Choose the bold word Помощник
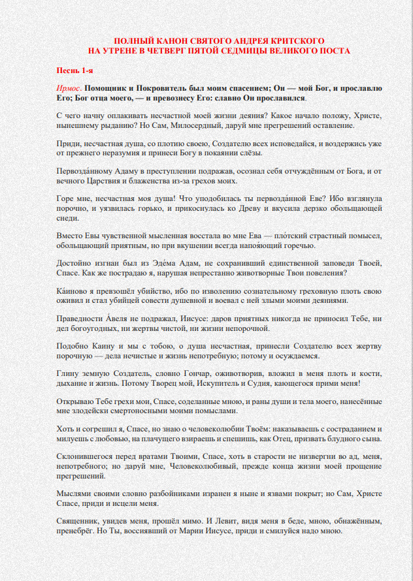pyautogui.click(x=108, y=87)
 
